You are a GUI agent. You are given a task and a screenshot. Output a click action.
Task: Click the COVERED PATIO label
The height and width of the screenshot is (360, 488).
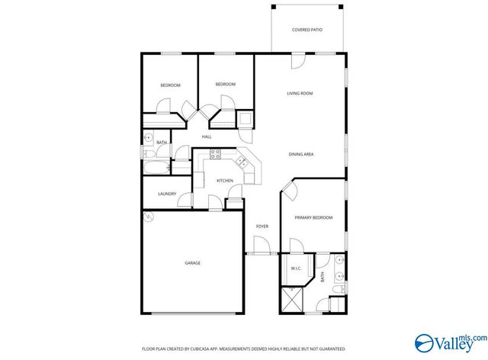(x=307, y=30)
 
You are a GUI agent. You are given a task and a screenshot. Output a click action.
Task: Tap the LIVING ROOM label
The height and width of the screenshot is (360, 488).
(x=300, y=94)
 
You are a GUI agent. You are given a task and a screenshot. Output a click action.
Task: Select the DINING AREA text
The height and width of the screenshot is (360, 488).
(x=301, y=155)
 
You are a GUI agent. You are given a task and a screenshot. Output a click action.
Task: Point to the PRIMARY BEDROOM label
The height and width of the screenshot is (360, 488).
(x=314, y=218)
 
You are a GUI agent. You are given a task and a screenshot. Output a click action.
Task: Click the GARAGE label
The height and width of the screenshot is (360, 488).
(x=192, y=263)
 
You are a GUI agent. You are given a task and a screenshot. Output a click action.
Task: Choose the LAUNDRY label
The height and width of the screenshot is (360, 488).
(x=167, y=194)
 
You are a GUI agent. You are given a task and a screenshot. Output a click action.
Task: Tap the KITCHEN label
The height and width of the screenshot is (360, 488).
(x=225, y=181)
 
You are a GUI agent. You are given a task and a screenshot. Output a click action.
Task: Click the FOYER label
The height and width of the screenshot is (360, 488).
(x=262, y=227)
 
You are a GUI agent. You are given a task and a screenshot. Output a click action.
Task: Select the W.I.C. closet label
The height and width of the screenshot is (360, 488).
(x=297, y=268)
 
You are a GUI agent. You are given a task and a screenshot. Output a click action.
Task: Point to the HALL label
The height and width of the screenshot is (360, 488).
(x=206, y=137)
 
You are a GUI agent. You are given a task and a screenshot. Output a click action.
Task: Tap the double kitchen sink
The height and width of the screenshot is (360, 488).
(x=241, y=161)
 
